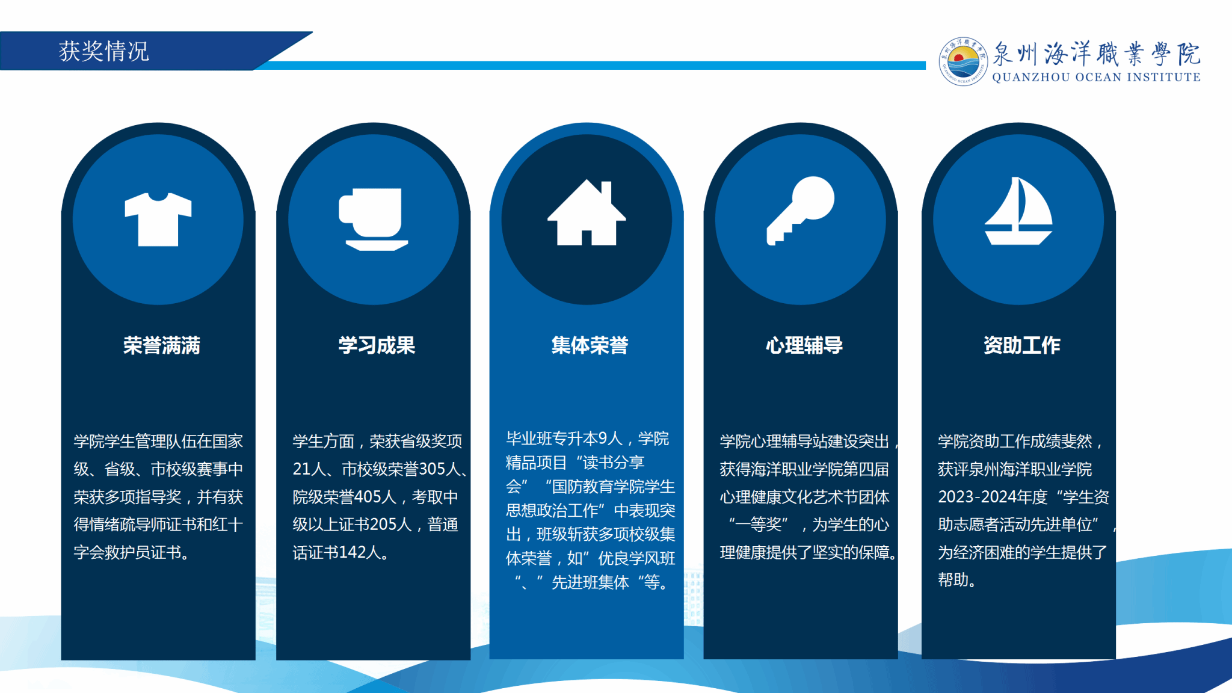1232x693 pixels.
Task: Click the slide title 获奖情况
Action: click(x=104, y=51)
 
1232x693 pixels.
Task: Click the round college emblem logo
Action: click(x=963, y=61)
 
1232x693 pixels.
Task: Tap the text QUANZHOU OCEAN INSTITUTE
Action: click(x=1096, y=77)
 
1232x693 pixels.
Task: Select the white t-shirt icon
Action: click(x=158, y=219)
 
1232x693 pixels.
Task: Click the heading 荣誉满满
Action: click(x=162, y=345)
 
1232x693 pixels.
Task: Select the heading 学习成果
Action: click(x=377, y=345)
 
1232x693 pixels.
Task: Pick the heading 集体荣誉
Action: click(x=590, y=345)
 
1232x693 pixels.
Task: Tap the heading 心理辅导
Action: click(x=804, y=345)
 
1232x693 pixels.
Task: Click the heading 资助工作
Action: click(x=1022, y=345)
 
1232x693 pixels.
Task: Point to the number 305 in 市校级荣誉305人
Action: click(x=432, y=469)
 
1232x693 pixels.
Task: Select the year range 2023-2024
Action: click(x=977, y=496)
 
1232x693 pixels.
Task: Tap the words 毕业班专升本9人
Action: click(x=564, y=439)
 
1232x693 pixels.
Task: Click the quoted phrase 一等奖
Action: click(x=758, y=524)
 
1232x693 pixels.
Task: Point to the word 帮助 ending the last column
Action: click(x=953, y=579)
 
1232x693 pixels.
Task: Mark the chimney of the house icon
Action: click(x=606, y=192)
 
